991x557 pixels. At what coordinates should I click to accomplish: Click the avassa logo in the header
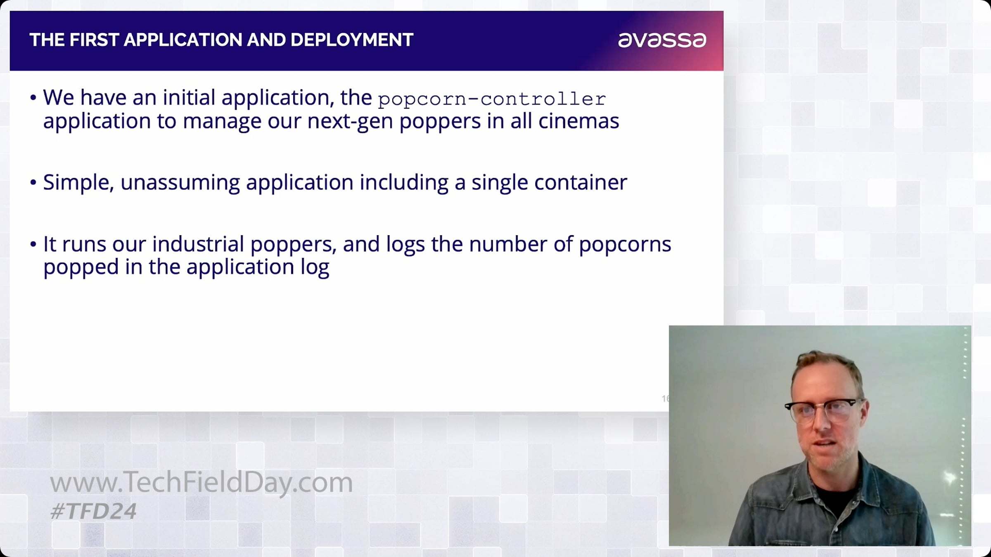point(662,40)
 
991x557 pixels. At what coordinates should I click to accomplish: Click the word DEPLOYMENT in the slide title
point(352,40)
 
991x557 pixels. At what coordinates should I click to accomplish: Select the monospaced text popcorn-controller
point(492,99)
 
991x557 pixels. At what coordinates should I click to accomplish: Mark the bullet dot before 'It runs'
point(33,245)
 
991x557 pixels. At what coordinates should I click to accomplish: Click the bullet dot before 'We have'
point(33,98)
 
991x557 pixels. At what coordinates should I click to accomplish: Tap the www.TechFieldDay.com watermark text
point(201,482)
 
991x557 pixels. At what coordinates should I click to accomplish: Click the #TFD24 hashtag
point(93,511)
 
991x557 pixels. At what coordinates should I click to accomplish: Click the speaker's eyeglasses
point(823,411)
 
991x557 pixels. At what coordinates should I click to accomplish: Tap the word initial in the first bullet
point(189,98)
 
